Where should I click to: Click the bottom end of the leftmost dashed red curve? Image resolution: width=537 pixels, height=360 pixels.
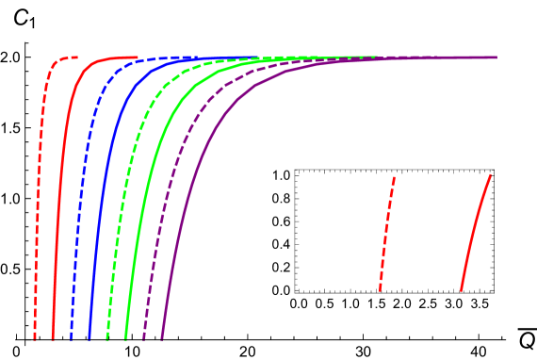(35, 337)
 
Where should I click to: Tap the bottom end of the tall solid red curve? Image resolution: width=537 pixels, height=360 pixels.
(53, 337)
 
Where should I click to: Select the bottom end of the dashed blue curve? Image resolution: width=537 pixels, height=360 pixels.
(72, 337)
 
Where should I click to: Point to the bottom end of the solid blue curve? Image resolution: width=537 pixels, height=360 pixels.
(89, 337)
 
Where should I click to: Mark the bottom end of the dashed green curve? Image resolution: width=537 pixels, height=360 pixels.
(107, 337)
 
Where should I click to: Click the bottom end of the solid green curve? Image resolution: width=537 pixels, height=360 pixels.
(125, 337)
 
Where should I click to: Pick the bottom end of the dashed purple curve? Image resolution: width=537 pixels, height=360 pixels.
(144, 337)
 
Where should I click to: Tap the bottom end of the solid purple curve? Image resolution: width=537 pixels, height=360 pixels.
(162, 337)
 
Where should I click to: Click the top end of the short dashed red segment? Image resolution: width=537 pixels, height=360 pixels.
(394, 177)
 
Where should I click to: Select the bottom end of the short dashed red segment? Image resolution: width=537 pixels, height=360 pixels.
(380, 290)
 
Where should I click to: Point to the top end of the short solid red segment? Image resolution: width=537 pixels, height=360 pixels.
(491, 174)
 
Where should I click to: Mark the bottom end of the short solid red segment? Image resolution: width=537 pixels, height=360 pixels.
(461, 290)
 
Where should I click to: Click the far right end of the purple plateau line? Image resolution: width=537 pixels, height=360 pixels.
(496, 57)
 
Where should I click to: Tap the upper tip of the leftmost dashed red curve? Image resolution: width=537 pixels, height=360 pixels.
(77, 57)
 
